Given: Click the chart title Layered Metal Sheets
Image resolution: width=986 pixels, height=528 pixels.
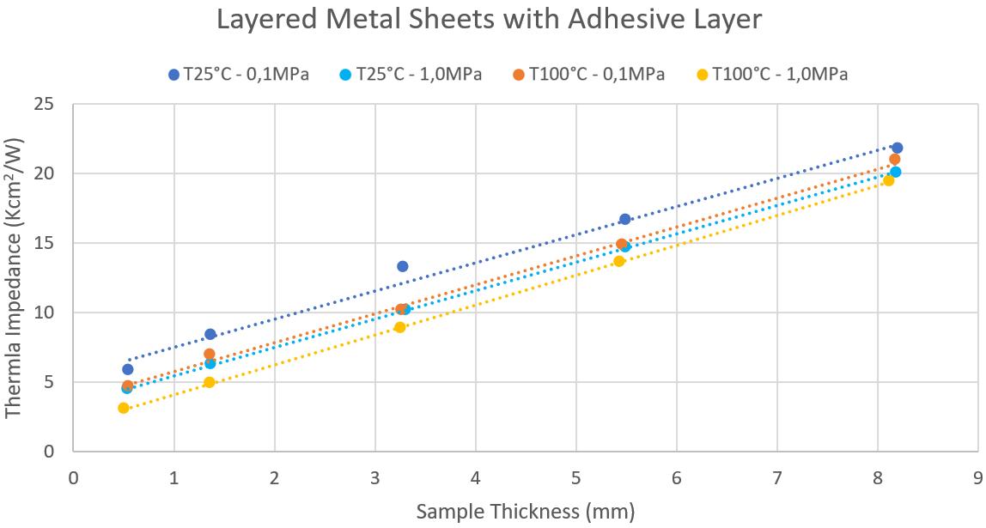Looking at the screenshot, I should [489, 19].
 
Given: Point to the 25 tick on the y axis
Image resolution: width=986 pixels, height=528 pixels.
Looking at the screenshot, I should [53, 104].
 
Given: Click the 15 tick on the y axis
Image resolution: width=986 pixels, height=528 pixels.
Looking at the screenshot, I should [53, 243].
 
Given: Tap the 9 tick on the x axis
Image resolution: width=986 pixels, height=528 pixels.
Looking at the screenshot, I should [977, 474].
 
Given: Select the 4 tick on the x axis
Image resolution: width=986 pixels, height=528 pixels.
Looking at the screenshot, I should [475, 474].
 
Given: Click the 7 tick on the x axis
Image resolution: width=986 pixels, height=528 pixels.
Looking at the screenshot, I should [776, 474].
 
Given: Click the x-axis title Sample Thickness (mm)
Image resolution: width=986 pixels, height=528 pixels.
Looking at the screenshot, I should [526, 513].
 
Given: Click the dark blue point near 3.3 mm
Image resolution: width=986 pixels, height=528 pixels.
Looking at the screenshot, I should [402, 266].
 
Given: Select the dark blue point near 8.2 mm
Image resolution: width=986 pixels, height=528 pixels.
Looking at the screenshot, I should [897, 148].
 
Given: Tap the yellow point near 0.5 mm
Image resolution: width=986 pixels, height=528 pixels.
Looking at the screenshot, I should [124, 408].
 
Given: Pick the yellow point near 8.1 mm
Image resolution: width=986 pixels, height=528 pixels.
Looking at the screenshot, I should [888, 180].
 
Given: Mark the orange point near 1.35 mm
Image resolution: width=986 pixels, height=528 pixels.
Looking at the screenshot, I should [209, 354].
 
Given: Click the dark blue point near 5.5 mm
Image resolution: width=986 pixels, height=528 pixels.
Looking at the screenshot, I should [624, 219].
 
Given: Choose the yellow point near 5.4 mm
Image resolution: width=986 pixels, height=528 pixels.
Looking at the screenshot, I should [618, 261].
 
